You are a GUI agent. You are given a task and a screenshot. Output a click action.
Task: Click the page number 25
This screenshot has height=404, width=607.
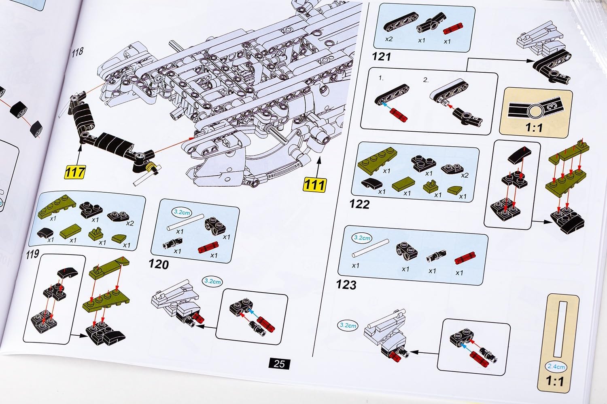tap(279, 364)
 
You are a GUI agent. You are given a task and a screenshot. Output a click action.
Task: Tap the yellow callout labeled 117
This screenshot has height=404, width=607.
tap(75, 172)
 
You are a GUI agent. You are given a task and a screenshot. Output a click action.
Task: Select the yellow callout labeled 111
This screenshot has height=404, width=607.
tap(314, 185)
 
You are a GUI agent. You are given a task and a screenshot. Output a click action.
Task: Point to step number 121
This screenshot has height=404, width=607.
tap(381, 56)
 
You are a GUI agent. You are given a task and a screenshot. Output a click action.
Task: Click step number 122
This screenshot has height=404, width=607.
tap(359, 204)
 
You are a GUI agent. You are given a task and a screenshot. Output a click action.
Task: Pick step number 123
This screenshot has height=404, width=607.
tap(346, 284)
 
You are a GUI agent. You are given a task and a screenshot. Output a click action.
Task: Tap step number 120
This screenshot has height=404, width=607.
tap(158, 264)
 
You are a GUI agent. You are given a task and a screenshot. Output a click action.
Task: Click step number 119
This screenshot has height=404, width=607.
tap(32, 254)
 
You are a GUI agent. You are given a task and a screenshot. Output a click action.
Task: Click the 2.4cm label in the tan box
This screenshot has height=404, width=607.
tap(556, 366)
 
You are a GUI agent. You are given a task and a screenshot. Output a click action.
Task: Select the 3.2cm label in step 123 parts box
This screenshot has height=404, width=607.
tap(362, 238)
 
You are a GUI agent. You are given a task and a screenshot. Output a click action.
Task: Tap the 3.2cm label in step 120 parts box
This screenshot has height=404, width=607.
tap(182, 212)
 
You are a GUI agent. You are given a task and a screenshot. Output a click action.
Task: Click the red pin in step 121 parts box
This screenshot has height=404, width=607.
tap(453, 30)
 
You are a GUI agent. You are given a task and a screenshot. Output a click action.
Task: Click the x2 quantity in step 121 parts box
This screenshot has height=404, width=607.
tap(388, 39)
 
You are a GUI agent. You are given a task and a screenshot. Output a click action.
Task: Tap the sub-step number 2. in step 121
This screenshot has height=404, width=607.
tap(426, 80)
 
